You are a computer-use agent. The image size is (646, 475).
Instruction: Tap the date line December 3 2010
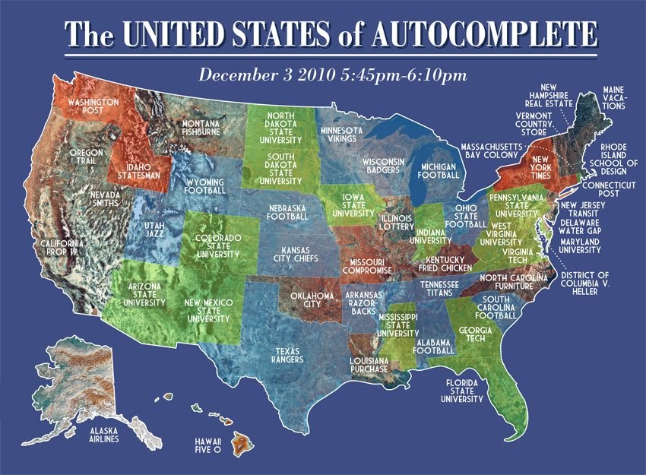tap(331, 75)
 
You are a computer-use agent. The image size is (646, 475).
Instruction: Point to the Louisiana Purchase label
tap(369, 365)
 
